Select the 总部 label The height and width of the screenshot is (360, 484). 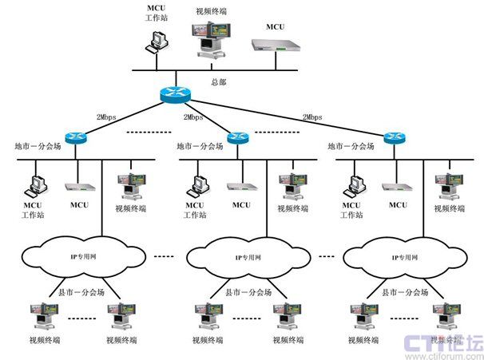[219, 81]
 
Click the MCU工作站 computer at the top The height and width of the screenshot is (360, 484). [157, 40]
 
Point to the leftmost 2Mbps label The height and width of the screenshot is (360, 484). [107, 117]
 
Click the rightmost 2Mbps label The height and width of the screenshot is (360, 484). [311, 117]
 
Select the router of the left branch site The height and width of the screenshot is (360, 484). [76, 136]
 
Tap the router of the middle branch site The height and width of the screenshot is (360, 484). [236, 137]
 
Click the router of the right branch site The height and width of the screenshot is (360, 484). [392, 136]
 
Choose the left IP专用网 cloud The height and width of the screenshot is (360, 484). [83, 258]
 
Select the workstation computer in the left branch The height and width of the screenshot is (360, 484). [35, 184]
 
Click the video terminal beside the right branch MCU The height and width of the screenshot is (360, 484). [444, 187]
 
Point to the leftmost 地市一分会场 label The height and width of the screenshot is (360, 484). [38, 147]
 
